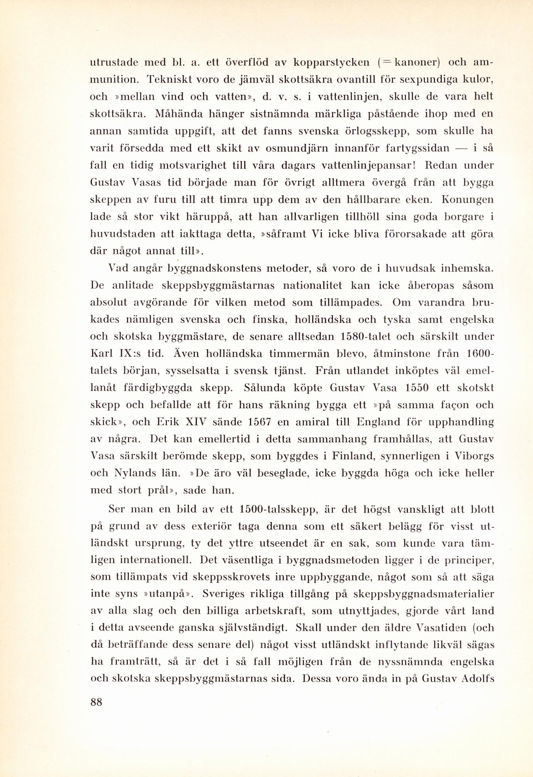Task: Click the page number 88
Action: (x=96, y=702)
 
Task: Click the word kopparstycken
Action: (x=331, y=63)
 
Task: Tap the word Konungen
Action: (x=467, y=199)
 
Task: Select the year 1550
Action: (x=416, y=388)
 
